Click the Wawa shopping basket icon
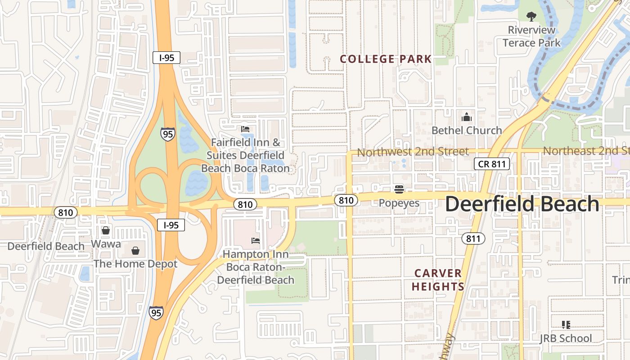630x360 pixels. [106, 230]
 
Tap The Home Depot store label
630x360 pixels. [135, 264]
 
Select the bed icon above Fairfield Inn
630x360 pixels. [245, 129]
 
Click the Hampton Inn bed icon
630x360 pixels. [256, 241]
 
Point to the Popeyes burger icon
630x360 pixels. [399, 189]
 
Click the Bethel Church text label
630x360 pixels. [467, 130]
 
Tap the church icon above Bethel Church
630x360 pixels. [467, 117]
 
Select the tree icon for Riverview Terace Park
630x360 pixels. [531, 17]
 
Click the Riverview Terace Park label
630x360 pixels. [531, 36]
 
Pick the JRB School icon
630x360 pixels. [566, 325]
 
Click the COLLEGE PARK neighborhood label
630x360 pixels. [386, 59]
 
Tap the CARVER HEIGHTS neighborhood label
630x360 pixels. [437, 280]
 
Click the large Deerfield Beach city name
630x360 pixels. [522, 204]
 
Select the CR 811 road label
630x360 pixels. [492, 164]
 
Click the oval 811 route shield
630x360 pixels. [473, 238]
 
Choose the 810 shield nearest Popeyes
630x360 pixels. [346, 200]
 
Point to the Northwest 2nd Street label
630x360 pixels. [413, 152]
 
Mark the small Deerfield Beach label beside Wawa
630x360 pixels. [46, 246]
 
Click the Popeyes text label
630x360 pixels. [399, 203]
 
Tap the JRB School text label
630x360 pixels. [566, 338]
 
